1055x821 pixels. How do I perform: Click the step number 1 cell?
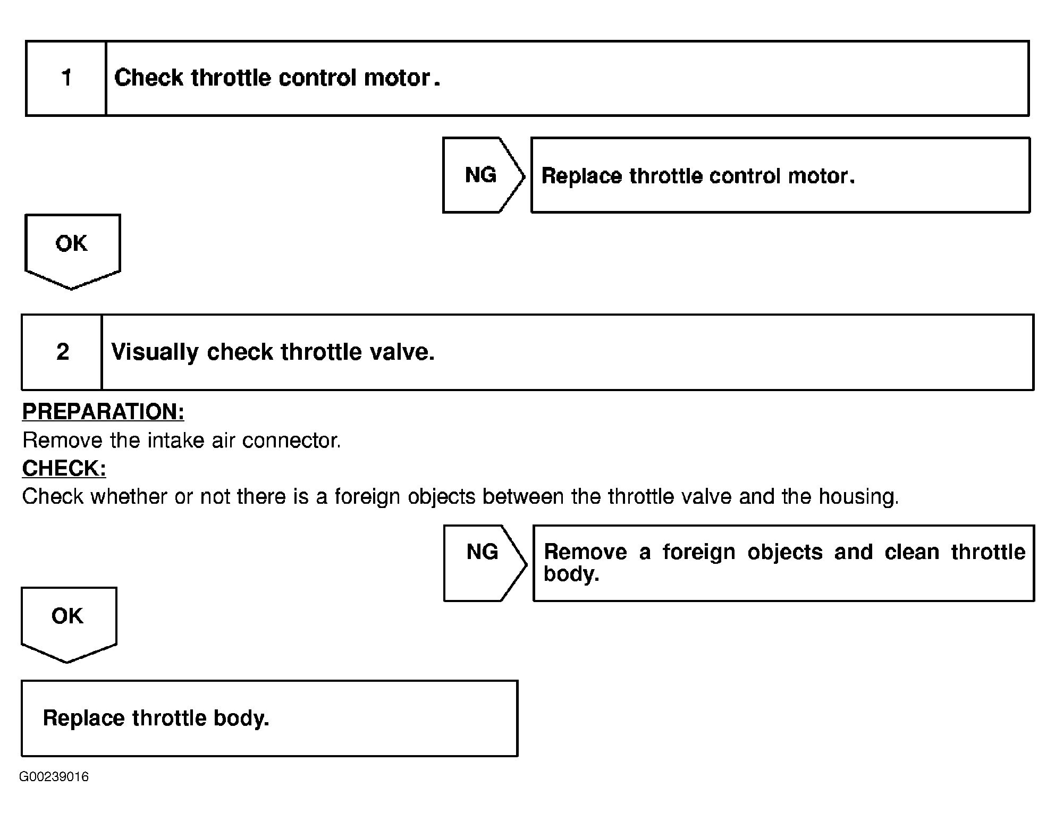pos(66,78)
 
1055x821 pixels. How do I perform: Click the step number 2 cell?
pos(62,352)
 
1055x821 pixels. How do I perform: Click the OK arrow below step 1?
pos(72,249)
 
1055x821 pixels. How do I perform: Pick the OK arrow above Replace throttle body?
pos(68,622)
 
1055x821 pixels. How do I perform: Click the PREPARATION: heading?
pos(103,412)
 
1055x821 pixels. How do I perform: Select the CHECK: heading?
pos(64,468)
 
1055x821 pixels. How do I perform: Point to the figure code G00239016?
pos(54,777)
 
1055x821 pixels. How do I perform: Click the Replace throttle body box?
pos(269,718)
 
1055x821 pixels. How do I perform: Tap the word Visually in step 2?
pos(154,352)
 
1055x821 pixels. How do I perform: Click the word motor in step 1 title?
pos(397,78)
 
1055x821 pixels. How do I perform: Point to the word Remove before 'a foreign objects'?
pos(585,552)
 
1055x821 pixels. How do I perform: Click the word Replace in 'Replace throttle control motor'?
pos(581,176)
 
